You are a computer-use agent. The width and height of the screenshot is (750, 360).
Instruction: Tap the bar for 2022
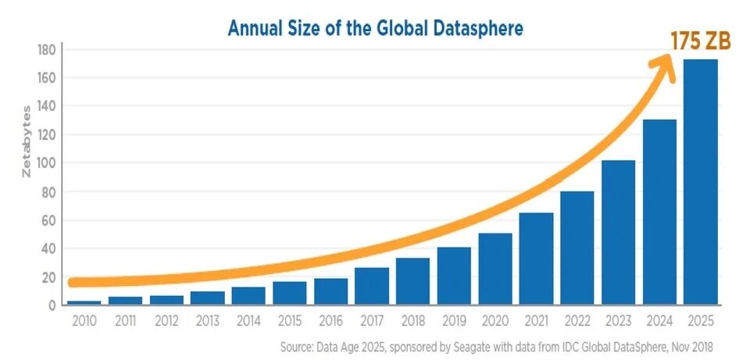pyautogui.click(x=577, y=248)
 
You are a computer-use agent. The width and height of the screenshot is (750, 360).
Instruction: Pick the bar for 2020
pyautogui.click(x=495, y=269)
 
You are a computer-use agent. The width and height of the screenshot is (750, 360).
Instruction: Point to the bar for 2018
pyautogui.click(x=412, y=282)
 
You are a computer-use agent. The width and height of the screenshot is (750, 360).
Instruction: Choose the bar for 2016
pyautogui.click(x=330, y=292)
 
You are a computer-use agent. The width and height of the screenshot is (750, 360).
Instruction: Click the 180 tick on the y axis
pyautogui.click(x=46, y=49)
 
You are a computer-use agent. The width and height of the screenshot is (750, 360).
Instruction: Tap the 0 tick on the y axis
pyautogui.click(x=52, y=306)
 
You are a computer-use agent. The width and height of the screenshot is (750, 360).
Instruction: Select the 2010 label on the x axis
pyautogui.click(x=84, y=321)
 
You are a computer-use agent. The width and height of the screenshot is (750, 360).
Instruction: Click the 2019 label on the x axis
pyautogui.click(x=454, y=321)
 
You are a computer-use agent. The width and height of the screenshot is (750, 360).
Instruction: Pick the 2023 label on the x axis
pyautogui.click(x=618, y=321)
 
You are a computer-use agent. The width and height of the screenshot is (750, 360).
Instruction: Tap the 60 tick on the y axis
pyautogui.click(x=48, y=220)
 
